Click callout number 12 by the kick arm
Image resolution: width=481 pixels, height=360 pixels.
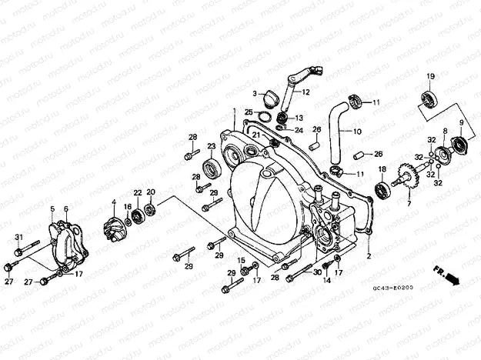(306, 92)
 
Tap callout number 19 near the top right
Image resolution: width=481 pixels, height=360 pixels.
(430, 75)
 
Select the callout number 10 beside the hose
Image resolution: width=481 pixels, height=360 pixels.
(357, 132)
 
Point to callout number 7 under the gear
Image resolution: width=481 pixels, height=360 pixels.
(409, 205)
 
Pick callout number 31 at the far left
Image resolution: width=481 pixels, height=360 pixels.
(19, 236)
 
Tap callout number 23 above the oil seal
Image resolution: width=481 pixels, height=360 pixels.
(211, 146)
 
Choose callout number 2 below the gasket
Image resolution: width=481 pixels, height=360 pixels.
(369, 255)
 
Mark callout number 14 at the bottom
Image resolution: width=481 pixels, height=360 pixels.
(326, 281)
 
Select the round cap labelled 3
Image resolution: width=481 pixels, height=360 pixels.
(269, 98)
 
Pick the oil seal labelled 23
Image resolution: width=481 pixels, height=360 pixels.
(210, 169)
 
